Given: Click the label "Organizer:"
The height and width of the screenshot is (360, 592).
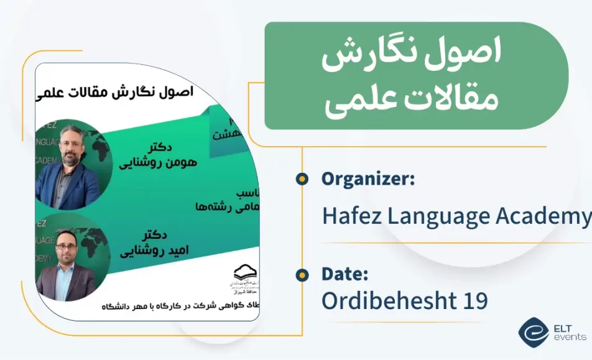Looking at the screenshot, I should [368, 179].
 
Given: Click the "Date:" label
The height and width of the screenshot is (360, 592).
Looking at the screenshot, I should [345, 274].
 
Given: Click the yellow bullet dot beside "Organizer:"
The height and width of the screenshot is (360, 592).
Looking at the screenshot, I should [302, 179].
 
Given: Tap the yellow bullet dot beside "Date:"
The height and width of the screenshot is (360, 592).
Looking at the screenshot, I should [302, 274].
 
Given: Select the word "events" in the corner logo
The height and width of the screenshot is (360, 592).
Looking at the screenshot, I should [570, 337].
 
